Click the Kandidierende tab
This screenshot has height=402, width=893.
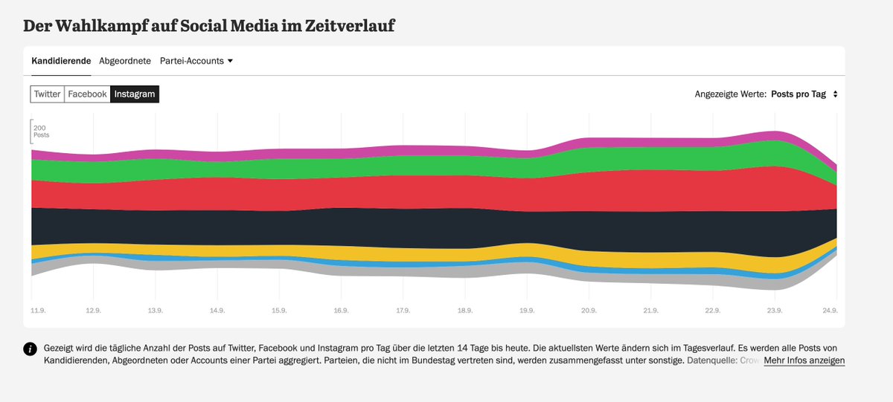[x=61, y=61]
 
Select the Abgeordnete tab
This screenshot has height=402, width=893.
[x=125, y=61]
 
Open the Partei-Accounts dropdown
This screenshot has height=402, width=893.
[x=196, y=61]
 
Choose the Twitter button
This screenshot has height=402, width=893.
[x=48, y=94]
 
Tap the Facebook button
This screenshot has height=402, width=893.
[x=87, y=94]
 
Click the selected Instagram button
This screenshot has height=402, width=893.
[x=135, y=94]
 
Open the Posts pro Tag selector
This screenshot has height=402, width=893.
[x=804, y=94]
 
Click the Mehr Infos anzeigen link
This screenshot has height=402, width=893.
[x=804, y=360]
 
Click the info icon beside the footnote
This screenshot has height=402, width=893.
[x=31, y=350]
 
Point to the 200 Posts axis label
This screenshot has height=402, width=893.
[x=40, y=132]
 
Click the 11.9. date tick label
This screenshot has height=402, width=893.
[x=38, y=309]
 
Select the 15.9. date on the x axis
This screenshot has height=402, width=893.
[x=279, y=309]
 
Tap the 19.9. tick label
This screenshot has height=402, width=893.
[x=527, y=309]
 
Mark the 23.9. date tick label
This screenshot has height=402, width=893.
[x=775, y=309]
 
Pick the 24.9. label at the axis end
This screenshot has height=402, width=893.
[x=830, y=309]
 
